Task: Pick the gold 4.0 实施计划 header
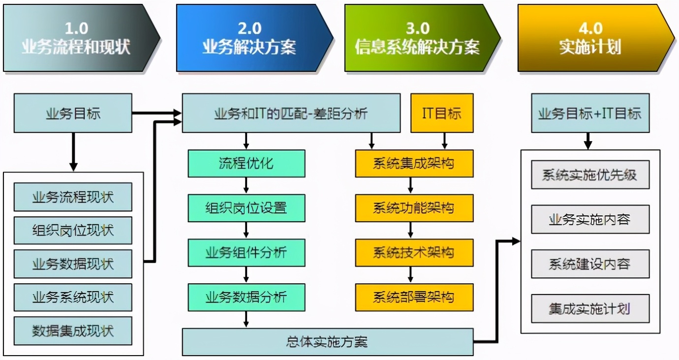(x=590, y=38)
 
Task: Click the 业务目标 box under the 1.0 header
(x=73, y=114)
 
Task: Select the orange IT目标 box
(x=442, y=114)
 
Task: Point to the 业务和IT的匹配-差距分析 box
(x=291, y=114)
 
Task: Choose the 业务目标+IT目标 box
(x=590, y=114)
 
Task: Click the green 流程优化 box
(x=246, y=163)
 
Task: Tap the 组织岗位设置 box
(x=246, y=208)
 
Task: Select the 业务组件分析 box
(x=246, y=253)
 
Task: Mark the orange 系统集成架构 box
(x=414, y=163)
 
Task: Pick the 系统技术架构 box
(x=414, y=253)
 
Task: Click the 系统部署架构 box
(x=414, y=297)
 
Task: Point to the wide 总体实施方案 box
(x=327, y=342)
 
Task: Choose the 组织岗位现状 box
(x=73, y=231)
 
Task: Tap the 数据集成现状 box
(x=73, y=331)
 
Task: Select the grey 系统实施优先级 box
(x=590, y=175)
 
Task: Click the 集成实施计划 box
(x=590, y=308)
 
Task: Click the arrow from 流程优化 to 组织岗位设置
(x=246, y=185)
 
